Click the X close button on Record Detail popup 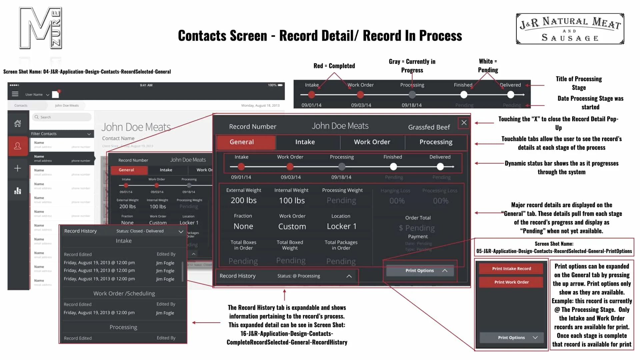pyautogui.click(x=464, y=123)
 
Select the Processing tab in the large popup pyautogui.click(x=436, y=142)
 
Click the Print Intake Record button pyautogui.click(x=511, y=269)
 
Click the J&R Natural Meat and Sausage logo pyautogui.click(x=570, y=29)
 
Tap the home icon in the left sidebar pyautogui.click(x=18, y=124)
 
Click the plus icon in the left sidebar pyautogui.click(x=18, y=168)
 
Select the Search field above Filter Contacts pyautogui.click(x=62, y=117)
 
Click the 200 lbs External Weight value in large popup pyautogui.click(x=244, y=200)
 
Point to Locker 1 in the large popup pyautogui.click(x=341, y=226)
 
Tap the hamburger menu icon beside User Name pyautogui.click(x=15, y=94)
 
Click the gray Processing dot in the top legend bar pyautogui.click(x=412, y=95)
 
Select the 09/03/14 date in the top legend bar pyautogui.click(x=361, y=105)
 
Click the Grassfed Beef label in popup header pyautogui.click(x=429, y=127)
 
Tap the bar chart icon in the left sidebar pyautogui.click(x=18, y=191)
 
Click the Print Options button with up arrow pyautogui.click(x=420, y=271)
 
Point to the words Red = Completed pyautogui.click(x=334, y=66)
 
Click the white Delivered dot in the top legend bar pyautogui.click(x=510, y=95)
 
